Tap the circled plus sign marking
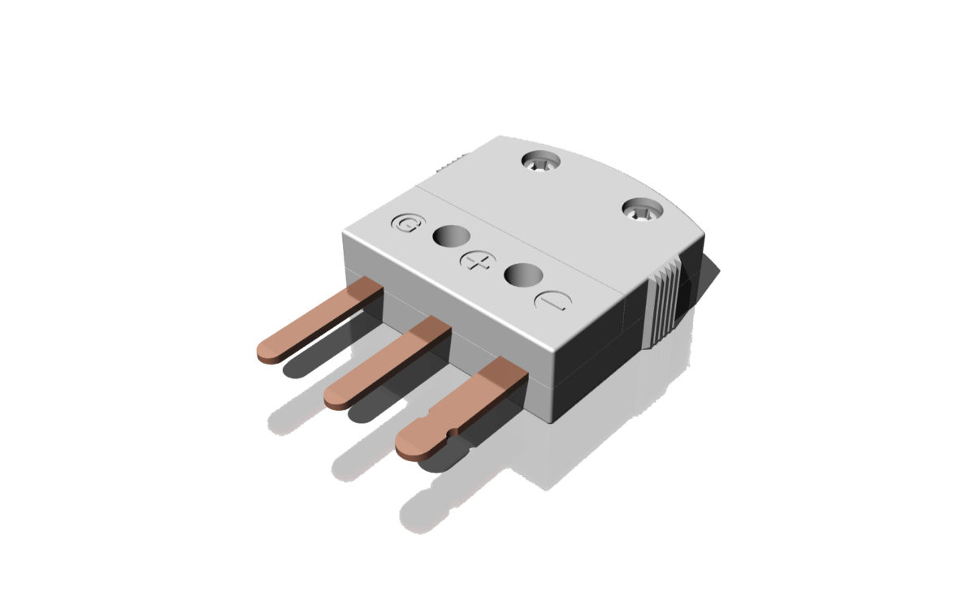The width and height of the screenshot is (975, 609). click(476, 261)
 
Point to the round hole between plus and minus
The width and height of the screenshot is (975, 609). click(522, 274)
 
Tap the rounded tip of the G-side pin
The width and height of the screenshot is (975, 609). click(267, 351)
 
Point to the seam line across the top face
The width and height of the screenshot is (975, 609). click(520, 235)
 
